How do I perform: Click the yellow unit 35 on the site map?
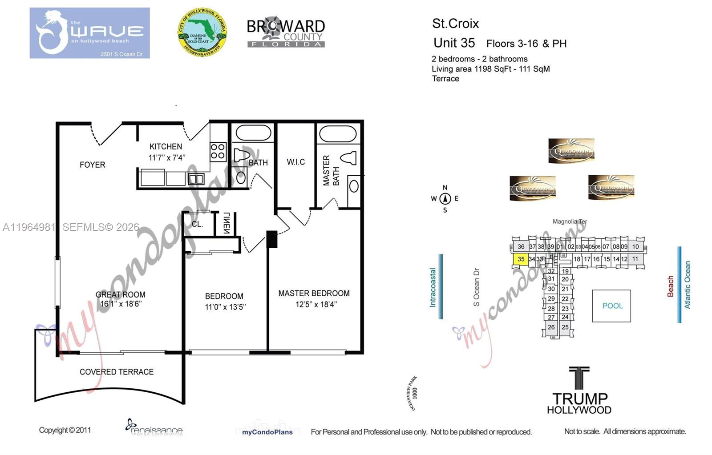pyautogui.click(x=521, y=259)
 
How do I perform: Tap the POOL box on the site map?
pyautogui.click(x=612, y=306)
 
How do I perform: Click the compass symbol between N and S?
pyautogui.click(x=445, y=199)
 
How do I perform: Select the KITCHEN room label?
pyautogui.click(x=166, y=147)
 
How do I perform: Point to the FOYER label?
pyautogui.click(x=93, y=165)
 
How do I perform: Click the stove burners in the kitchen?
pyautogui.click(x=218, y=151)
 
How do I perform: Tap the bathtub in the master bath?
pyautogui.click(x=338, y=133)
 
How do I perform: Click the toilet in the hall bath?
pyautogui.click(x=241, y=155)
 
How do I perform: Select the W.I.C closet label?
pyautogui.click(x=295, y=162)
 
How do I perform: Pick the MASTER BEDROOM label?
pyautogui.click(x=314, y=294)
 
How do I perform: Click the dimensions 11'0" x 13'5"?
pyautogui.click(x=225, y=307)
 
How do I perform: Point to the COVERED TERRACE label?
pyautogui.click(x=117, y=372)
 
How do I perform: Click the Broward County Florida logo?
pyautogui.click(x=286, y=33)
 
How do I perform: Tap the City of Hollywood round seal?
pyautogui.click(x=202, y=32)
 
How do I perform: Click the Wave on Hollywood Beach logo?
pyautogui.click(x=90, y=33)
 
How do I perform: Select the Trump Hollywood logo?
pyautogui.click(x=579, y=391)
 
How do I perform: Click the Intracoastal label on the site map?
pyautogui.click(x=433, y=287)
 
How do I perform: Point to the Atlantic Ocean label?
pyautogui.click(x=688, y=285)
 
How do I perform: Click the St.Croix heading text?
pyautogui.click(x=455, y=24)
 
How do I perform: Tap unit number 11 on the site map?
pyautogui.click(x=635, y=259)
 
